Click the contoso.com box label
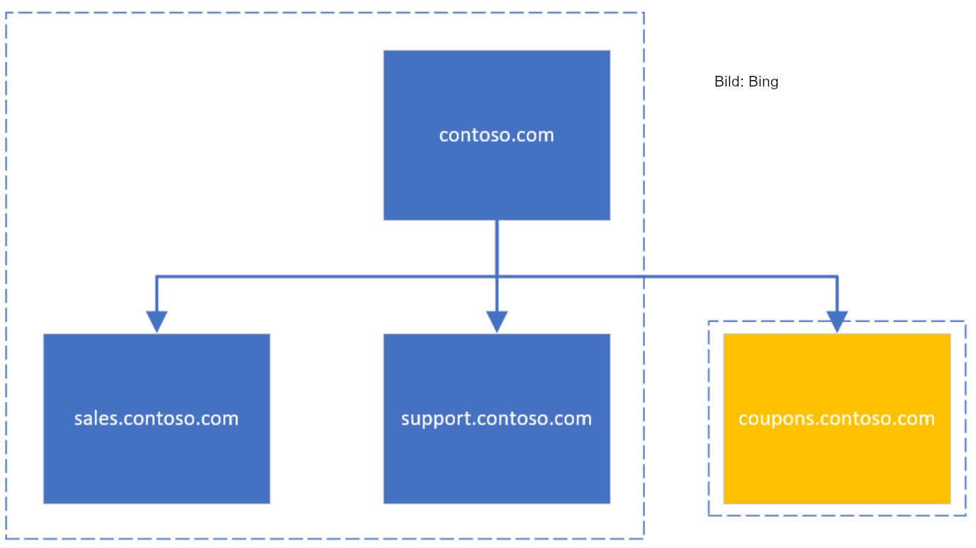pyautogui.click(x=496, y=135)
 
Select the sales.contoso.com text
pyautogui.click(x=156, y=418)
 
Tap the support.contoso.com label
pyautogui.click(x=496, y=418)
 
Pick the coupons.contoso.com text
pyautogui.click(x=836, y=418)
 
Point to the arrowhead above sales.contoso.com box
pyautogui.click(x=157, y=321)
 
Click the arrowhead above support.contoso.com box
pyautogui.click(x=497, y=321)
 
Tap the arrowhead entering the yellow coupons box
pyautogui.click(x=837, y=321)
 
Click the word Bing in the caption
pyautogui.click(x=763, y=82)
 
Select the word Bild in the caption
pyautogui.click(x=727, y=82)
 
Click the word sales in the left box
pyautogui.click(x=96, y=418)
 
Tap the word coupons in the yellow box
pyautogui.click(x=770, y=418)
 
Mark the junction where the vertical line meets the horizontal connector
pyautogui.click(x=497, y=276)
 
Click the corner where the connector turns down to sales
pyautogui.click(x=157, y=276)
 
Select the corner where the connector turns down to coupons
pyautogui.click(x=837, y=276)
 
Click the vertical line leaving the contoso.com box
pyautogui.click(x=497, y=248)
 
